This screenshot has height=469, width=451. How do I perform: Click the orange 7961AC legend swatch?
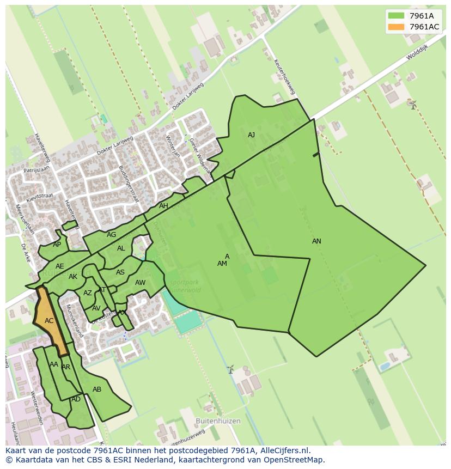click(396, 27)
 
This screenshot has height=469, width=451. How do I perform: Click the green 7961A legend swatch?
click(396, 16)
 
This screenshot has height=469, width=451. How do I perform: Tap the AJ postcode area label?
click(251, 135)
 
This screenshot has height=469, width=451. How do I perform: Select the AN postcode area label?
click(316, 241)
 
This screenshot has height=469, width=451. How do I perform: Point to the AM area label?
click(222, 264)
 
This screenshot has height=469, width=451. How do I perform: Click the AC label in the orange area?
click(49, 321)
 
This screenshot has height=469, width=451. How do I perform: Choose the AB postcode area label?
click(97, 389)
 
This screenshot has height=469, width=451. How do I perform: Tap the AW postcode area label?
click(140, 283)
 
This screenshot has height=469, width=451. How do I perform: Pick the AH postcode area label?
click(163, 206)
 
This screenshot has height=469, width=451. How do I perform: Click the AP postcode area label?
click(57, 245)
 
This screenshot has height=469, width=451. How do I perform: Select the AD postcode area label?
click(76, 399)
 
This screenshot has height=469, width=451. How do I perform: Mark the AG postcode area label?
click(111, 235)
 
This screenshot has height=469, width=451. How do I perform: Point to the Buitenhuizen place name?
click(218, 421)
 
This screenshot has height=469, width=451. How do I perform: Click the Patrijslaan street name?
click(36, 170)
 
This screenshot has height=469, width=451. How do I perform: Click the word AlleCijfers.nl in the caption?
click(283, 450)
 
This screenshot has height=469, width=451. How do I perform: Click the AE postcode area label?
click(60, 266)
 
